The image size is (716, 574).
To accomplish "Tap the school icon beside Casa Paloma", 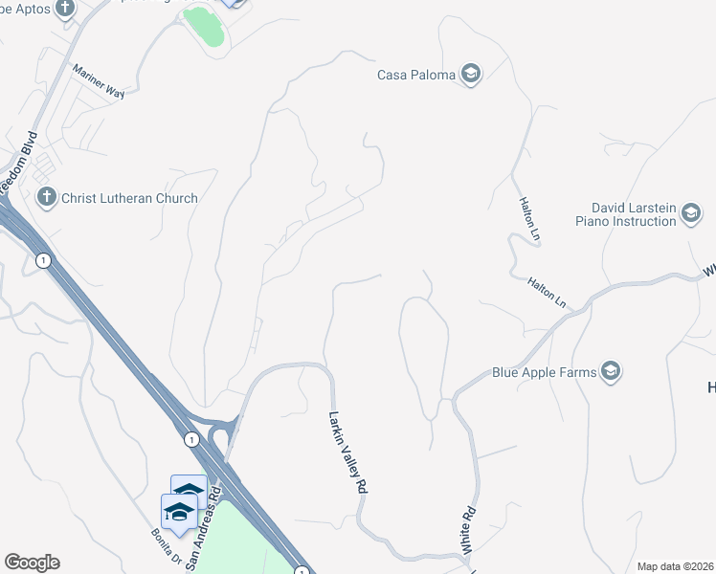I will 470,75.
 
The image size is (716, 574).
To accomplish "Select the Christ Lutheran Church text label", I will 129,198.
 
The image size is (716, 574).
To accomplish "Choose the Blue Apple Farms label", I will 544,372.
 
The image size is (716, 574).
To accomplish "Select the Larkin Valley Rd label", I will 348,452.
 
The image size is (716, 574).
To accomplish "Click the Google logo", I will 32,563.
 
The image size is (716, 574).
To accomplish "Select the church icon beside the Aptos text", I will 65,10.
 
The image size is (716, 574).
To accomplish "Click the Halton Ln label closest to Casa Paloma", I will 527,216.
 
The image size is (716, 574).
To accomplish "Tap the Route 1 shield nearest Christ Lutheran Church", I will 42,260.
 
